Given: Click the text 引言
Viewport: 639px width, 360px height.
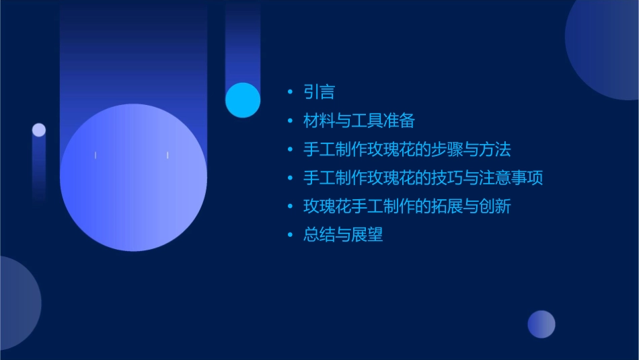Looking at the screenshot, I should click(x=319, y=92).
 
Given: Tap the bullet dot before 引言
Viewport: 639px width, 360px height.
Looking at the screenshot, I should click(x=290, y=92).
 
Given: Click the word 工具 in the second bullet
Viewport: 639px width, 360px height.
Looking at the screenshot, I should click(x=366, y=121).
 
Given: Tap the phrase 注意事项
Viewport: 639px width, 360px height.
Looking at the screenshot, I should click(x=512, y=178).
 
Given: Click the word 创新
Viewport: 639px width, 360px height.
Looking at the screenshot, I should click(x=496, y=207).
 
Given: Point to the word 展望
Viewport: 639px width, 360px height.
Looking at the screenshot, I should click(x=367, y=235).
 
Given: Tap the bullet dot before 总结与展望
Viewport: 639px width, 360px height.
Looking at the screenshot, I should click(x=290, y=236).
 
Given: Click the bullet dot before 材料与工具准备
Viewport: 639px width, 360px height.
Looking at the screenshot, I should click(x=290, y=121).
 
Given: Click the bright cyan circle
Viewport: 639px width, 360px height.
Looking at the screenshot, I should click(x=243, y=100).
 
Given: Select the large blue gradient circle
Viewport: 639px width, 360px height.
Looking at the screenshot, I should click(x=133, y=178).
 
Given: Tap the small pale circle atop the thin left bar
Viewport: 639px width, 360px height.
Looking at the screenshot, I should click(x=39, y=130).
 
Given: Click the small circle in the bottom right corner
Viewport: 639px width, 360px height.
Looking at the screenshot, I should click(x=541, y=324).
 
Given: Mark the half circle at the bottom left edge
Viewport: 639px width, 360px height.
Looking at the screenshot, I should click(x=17, y=303).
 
